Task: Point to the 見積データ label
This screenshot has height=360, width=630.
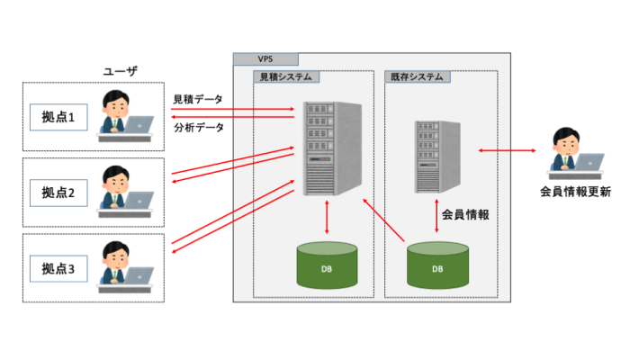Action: pos(198,98)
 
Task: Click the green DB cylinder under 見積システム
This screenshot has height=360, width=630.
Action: pos(327,267)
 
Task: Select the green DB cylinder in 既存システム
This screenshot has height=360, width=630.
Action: pos(437,267)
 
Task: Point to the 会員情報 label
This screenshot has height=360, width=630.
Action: pos(465,215)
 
